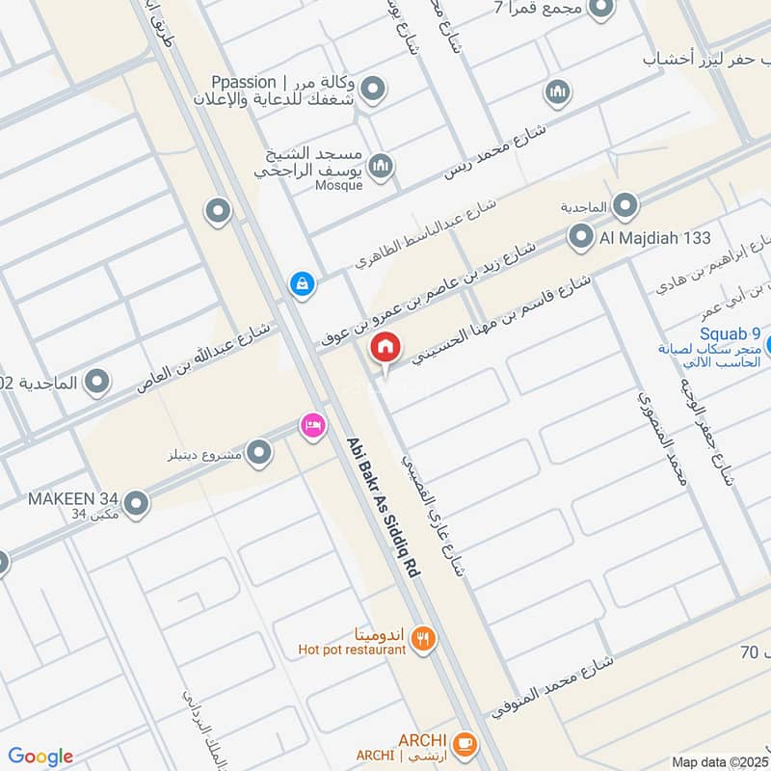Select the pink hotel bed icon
coord(311,425)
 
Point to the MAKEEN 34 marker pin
coord(136,502)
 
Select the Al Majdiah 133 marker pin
coord(580,236)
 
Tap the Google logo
coord(40,757)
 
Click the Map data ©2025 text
coord(718,761)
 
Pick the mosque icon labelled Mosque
coord(382,166)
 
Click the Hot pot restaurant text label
coord(352,650)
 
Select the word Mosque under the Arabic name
coord(339,185)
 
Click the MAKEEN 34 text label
coord(72,498)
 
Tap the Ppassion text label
coord(247,82)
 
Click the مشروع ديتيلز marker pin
coord(258,451)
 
